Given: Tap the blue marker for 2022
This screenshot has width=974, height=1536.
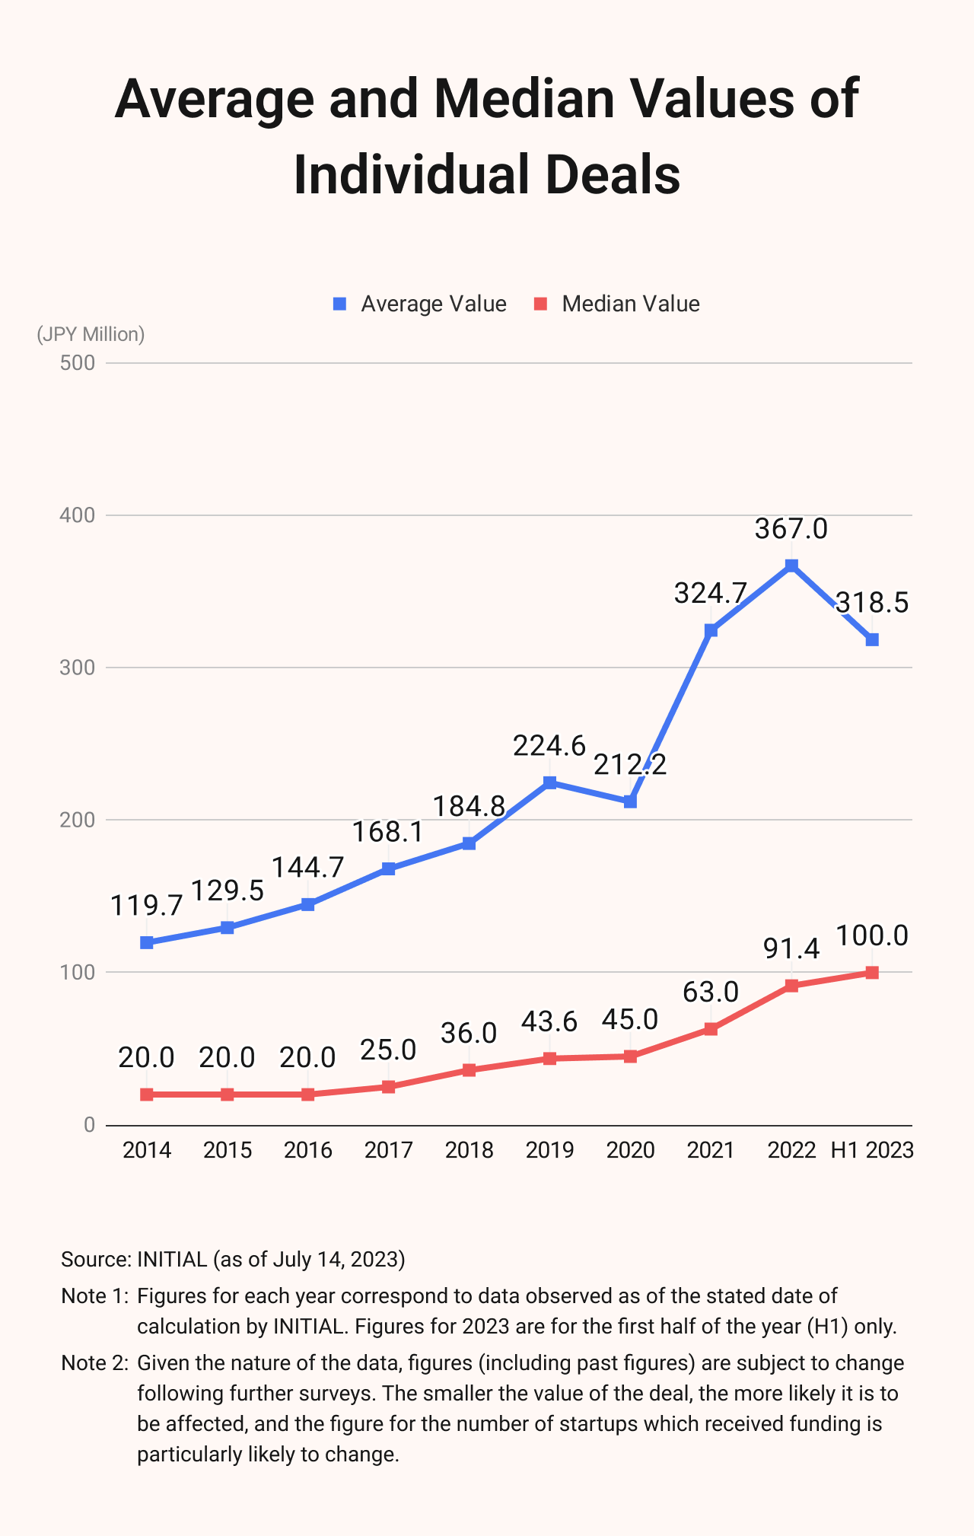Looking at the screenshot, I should (x=791, y=566).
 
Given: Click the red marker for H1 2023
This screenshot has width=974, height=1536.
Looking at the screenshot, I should (x=872, y=973).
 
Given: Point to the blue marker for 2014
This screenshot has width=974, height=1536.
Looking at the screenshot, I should (x=147, y=942).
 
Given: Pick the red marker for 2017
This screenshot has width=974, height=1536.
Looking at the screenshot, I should (x=388, y=1087).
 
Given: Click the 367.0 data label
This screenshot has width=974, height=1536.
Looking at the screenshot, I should (x=791, y=528).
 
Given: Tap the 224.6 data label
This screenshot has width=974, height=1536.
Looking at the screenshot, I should (x=549, y=746).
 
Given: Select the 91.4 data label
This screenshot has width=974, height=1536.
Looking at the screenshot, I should (x=791, y=948).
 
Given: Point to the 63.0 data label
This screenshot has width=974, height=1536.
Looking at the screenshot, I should (x=711, y=992).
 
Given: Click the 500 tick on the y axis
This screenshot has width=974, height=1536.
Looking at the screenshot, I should (x=78, y=363).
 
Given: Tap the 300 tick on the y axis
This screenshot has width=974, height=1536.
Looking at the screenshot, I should (x=78, y=668).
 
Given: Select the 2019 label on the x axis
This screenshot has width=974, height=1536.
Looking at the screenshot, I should (x=549, y=1149).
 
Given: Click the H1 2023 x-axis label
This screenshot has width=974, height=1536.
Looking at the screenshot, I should (x=872, y=1149).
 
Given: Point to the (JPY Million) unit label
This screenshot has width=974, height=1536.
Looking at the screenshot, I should (x=91, y=334).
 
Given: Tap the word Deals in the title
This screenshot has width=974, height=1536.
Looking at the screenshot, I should (x=613, y=175).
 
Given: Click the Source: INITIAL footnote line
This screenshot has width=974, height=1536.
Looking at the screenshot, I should (x=233, y=1259).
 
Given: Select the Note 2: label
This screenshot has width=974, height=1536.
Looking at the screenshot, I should (x=94, y=1362).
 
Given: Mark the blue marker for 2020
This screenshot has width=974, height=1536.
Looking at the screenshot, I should (x=630, y=801).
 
